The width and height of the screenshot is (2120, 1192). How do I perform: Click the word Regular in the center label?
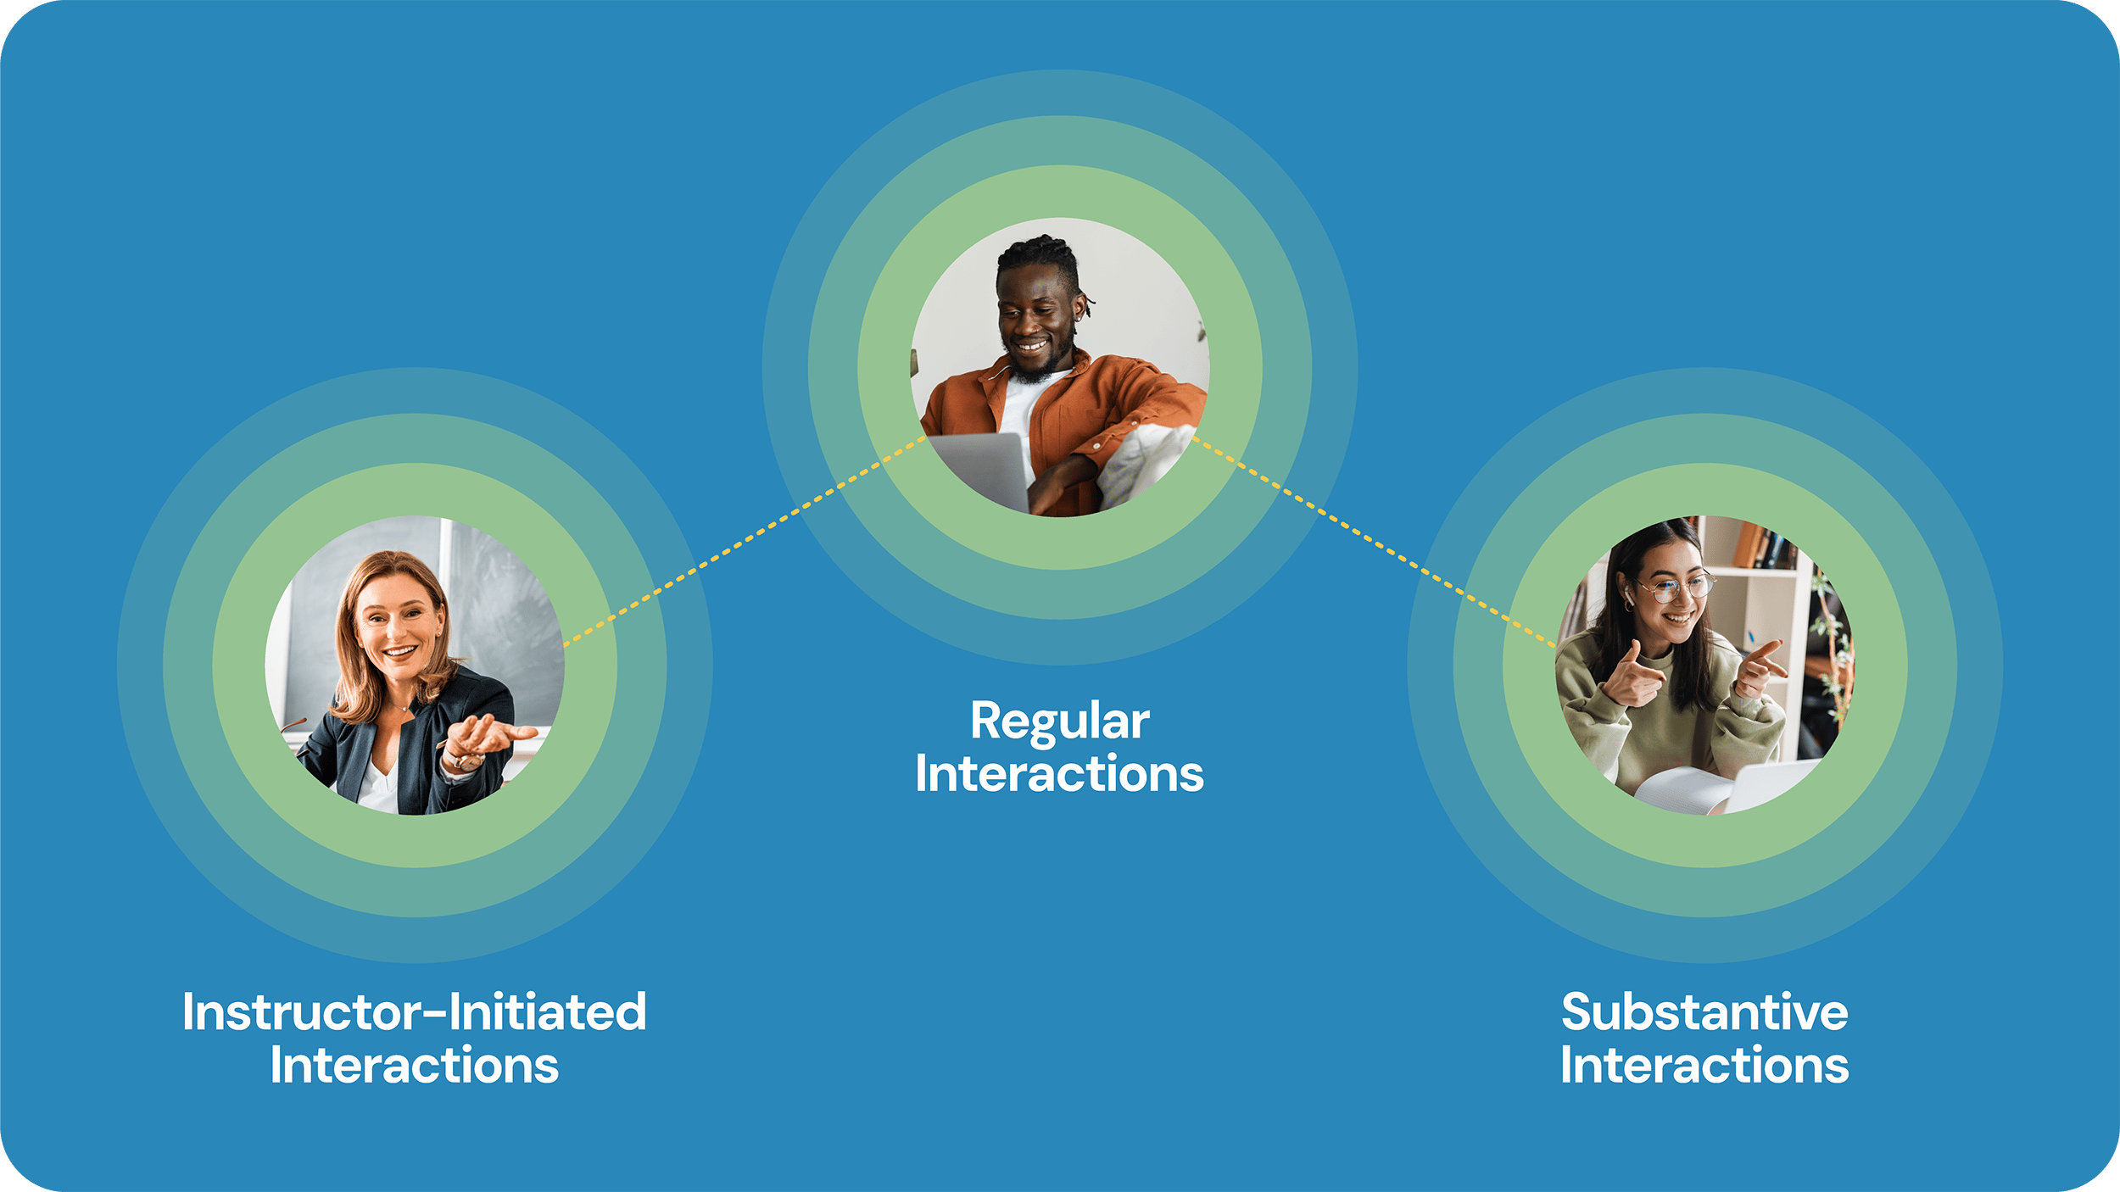pyautogui.click(x=1059, y=722)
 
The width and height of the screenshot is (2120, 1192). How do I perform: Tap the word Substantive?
pyautogui.click(x=1704, y=1012)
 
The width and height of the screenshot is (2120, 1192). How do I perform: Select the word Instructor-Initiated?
pyautogui.click(x=415, y=1012)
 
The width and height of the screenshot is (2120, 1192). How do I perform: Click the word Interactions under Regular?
pyautogui.click(x=1059, y=775)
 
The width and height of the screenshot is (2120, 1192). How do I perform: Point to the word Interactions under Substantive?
pyautogui.click(x=1704, y=1066)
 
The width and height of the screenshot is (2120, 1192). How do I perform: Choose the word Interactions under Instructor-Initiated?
pyautogui.click(x=415, y=1066)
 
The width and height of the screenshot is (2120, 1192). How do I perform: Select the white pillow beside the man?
pyautogui.click(x=1141, y=462)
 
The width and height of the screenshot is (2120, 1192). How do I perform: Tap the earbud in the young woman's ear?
pyautogui.click(x=1628, y=600)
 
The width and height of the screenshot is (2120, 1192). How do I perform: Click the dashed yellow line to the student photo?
pyautogui.click(x=1374, y=543)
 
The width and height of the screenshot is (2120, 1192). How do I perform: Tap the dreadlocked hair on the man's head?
pyautogui.click(x=1039, y=254)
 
